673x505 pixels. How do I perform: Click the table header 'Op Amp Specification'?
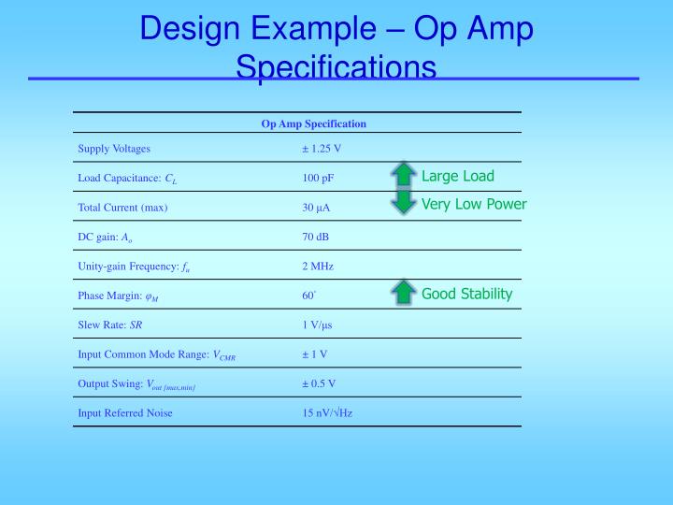click(x=313, y=123)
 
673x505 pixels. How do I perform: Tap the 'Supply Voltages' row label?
click(x=114, y=149)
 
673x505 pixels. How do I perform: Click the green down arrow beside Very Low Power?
click(x=403, y=202)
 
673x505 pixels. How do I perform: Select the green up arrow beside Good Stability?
click(x=403, y=293)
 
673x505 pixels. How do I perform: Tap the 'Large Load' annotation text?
click(x=457, y=176)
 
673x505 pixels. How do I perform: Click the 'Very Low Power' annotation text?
click(x=474, y=204)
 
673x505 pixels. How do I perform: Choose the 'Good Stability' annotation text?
click(x=466, y=294)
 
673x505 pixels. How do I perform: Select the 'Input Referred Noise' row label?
click(x=125, y=412)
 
